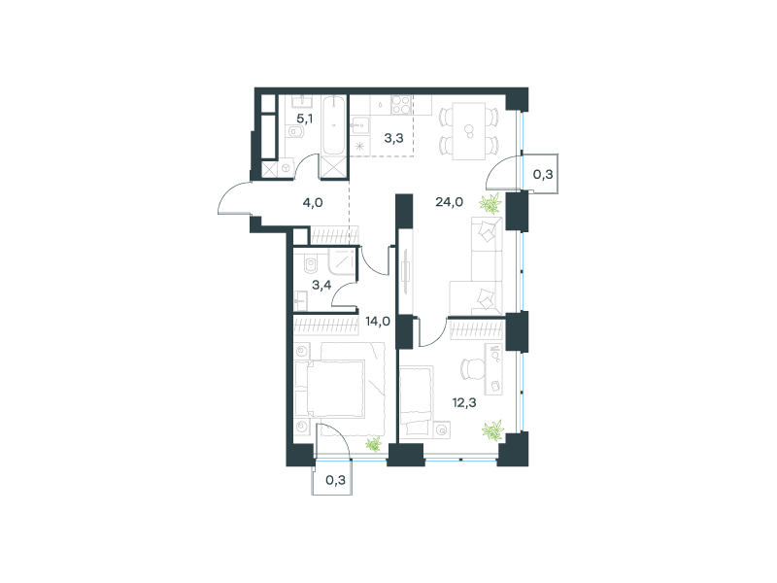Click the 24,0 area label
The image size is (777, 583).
(449, 202)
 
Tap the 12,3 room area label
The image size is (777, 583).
(464, 402)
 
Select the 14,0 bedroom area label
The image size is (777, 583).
(378, 322)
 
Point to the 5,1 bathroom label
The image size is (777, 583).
(305, 119)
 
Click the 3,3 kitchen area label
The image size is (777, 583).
(393, 138)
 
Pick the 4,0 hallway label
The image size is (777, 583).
(313, 202)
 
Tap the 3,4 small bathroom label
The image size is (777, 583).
(321, 285)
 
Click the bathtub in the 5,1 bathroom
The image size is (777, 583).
(333, 125)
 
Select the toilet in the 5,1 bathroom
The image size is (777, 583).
(295, 131)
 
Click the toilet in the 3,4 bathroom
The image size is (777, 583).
(311, 264)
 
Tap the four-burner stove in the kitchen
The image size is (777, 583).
(401, 105)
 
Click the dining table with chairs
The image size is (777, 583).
(469, 131)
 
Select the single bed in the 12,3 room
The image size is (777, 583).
(417, 400)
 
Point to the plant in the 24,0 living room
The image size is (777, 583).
(490, 203)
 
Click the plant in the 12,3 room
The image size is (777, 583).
(493, 430)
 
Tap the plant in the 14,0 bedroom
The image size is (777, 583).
(374, 444)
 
